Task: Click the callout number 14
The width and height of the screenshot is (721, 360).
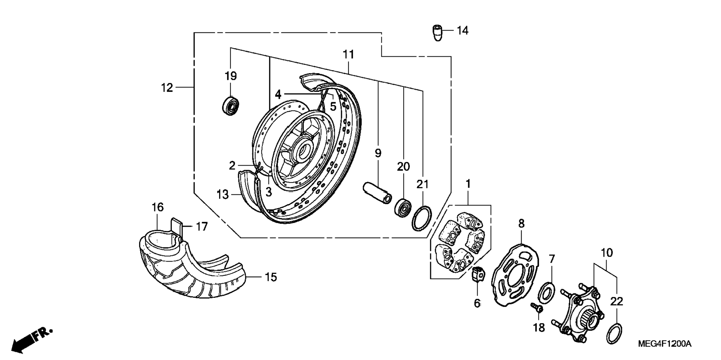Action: click(462, 31)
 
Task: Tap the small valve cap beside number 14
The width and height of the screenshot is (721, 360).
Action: click(438, 32)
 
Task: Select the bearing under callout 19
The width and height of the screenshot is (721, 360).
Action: click(230, 106)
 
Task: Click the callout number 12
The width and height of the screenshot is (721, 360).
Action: click(167, 88)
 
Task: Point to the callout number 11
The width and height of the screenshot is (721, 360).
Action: click(348, 55)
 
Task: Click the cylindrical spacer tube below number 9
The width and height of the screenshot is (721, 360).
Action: click(378, 192)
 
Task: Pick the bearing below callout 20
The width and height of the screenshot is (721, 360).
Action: click(403, 208)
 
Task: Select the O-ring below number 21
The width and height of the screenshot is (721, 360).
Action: click(422, 218)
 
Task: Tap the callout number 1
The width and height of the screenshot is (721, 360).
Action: click(468, 184)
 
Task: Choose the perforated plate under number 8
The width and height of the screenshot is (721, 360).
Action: click(514, 275)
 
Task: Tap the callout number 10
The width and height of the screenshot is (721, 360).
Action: click(607, 253)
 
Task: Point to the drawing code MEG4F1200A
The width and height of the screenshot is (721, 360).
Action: click(664, 344)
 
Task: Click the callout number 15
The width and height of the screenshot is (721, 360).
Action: click(271, 277)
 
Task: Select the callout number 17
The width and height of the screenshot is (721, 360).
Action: click(202, 226)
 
